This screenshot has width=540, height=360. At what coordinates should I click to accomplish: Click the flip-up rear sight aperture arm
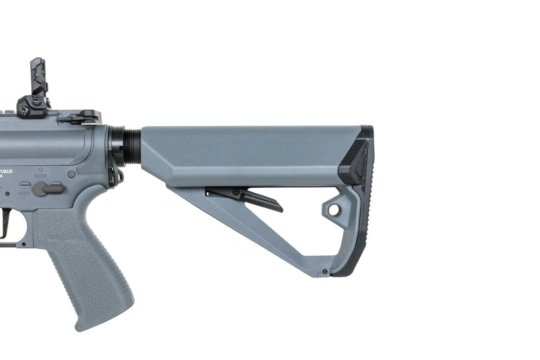[39, 76]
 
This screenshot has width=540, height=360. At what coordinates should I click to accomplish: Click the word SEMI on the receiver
[41, 175]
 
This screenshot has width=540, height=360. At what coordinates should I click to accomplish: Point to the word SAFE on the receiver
[24, 193]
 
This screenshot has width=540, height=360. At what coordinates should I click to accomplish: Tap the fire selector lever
[48, 188]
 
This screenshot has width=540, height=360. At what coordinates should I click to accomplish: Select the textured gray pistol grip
[86, 264]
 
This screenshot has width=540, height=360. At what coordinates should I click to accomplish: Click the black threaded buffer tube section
[130, 145]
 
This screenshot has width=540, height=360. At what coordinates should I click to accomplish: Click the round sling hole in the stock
[334, 209]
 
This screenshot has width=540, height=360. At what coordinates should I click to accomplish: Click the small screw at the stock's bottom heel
[324, 271]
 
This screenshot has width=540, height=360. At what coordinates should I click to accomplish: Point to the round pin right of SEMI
[71, 174]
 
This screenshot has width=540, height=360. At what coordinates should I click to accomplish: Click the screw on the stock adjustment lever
[236, 192]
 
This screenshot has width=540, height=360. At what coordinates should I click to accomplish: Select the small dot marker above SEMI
[40, 169]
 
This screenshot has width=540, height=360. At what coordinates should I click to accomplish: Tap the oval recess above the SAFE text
[25, 184]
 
